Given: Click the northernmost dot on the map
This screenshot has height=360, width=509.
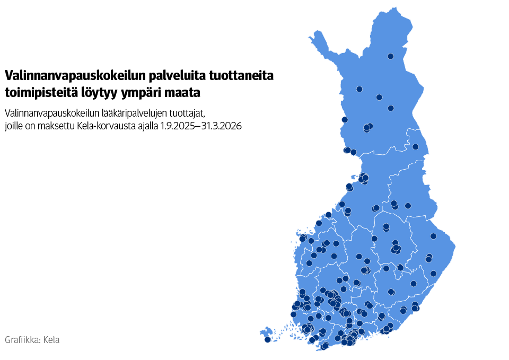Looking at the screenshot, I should (391, 56).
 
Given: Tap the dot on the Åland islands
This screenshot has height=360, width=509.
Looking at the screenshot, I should (268, 339).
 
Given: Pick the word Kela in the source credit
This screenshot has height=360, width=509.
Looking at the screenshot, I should (51, 340).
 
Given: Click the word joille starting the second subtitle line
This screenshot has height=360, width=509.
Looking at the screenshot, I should (13, 127).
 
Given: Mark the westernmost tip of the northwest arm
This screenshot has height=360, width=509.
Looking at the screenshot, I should (309, 37).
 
